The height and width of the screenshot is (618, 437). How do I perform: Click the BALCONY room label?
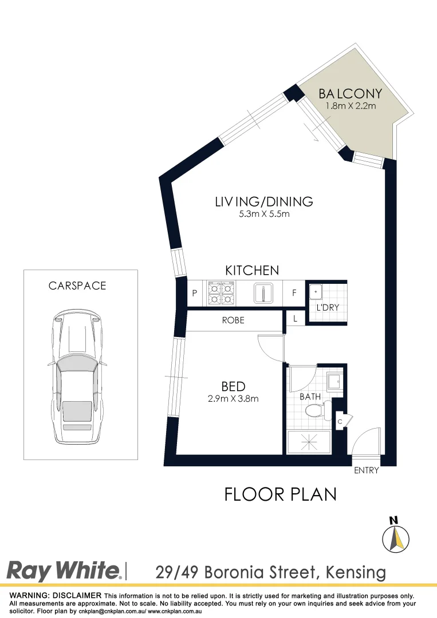tap(350, 93)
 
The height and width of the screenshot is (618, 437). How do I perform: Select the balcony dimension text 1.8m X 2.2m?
tap(350, 106)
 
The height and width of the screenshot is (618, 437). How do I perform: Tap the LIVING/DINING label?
tap(264, 201)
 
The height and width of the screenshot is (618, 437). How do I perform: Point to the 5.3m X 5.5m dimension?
tap(264, 215)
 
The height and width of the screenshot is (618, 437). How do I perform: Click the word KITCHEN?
tap(252, 270)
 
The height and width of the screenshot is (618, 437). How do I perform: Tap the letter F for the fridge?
tap(294, 293)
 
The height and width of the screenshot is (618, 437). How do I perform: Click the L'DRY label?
tap(328, 307)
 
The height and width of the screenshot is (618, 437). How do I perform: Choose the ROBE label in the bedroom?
tap(233, 320)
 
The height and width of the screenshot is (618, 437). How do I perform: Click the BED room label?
tap(233, 387)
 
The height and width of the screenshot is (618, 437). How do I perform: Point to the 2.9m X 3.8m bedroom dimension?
tap(233, 399)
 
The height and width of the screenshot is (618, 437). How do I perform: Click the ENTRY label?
tap(367, 471)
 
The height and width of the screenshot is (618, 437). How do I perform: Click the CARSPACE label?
tap(77, 286)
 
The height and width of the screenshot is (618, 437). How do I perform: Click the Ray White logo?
tap(64, 571)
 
